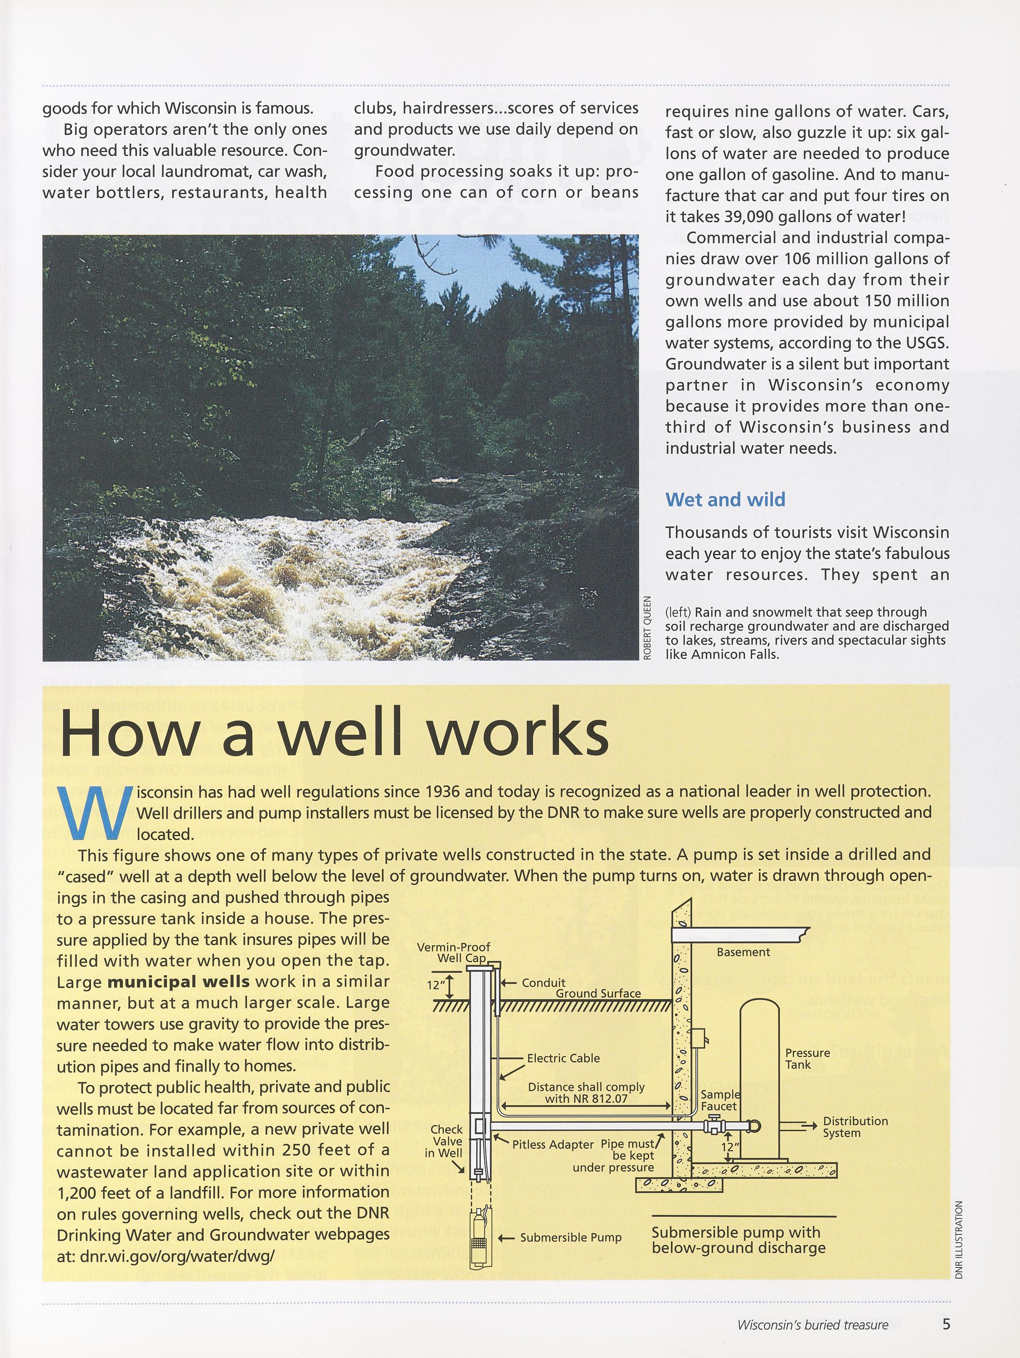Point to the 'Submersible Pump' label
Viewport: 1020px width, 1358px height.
coord(571,1238)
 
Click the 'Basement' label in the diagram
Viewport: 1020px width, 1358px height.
coord(743,952)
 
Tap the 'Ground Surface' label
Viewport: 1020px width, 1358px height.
coord(598,993)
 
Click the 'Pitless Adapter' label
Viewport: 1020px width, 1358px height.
coord(553,1145)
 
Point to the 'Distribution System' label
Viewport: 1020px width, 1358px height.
coord(855,1127)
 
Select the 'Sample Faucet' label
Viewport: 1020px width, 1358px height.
coord(720,1100)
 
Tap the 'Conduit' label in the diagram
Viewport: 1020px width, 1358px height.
coord(543,983)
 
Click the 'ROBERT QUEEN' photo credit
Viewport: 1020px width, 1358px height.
coord(647,628)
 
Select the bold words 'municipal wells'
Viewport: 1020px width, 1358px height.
coord(178,982)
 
